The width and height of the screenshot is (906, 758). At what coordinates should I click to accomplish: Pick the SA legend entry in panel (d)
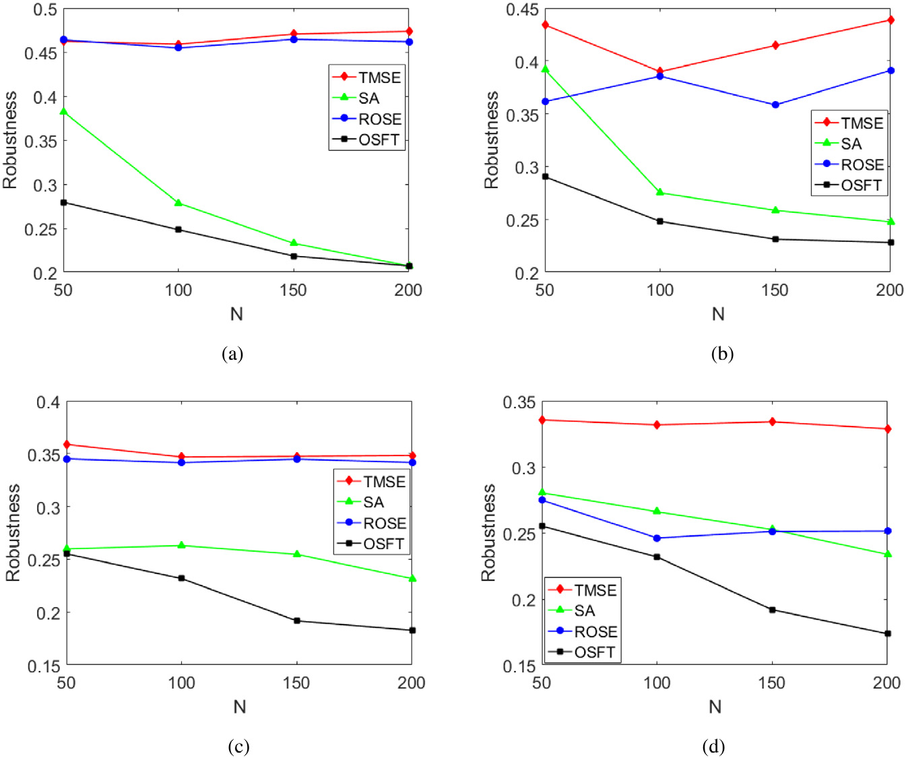[584, 611]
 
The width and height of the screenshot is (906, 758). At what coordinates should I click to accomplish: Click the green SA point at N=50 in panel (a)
[63, 111]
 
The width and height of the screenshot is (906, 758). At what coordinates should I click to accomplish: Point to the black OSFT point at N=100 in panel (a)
[179, 230]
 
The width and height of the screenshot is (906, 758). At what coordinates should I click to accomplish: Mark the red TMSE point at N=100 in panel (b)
[660, 71]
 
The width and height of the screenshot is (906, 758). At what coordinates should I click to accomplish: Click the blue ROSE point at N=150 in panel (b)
[775, 105]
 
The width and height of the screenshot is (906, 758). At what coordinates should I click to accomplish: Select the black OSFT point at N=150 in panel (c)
[297, 621]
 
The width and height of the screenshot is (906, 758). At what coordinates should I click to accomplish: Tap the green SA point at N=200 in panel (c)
[412, 578]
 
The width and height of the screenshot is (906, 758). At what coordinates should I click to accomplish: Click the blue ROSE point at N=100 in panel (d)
[657, 538]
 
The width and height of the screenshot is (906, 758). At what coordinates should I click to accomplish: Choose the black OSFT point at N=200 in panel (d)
[888, 633]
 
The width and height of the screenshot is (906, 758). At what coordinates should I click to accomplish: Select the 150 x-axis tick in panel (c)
[296, 683]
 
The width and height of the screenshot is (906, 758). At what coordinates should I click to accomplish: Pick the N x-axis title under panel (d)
[715, 706]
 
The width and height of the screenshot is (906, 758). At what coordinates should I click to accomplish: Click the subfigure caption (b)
[722, 354]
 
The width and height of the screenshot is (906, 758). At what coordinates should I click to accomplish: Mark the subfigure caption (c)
[239, 747]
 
